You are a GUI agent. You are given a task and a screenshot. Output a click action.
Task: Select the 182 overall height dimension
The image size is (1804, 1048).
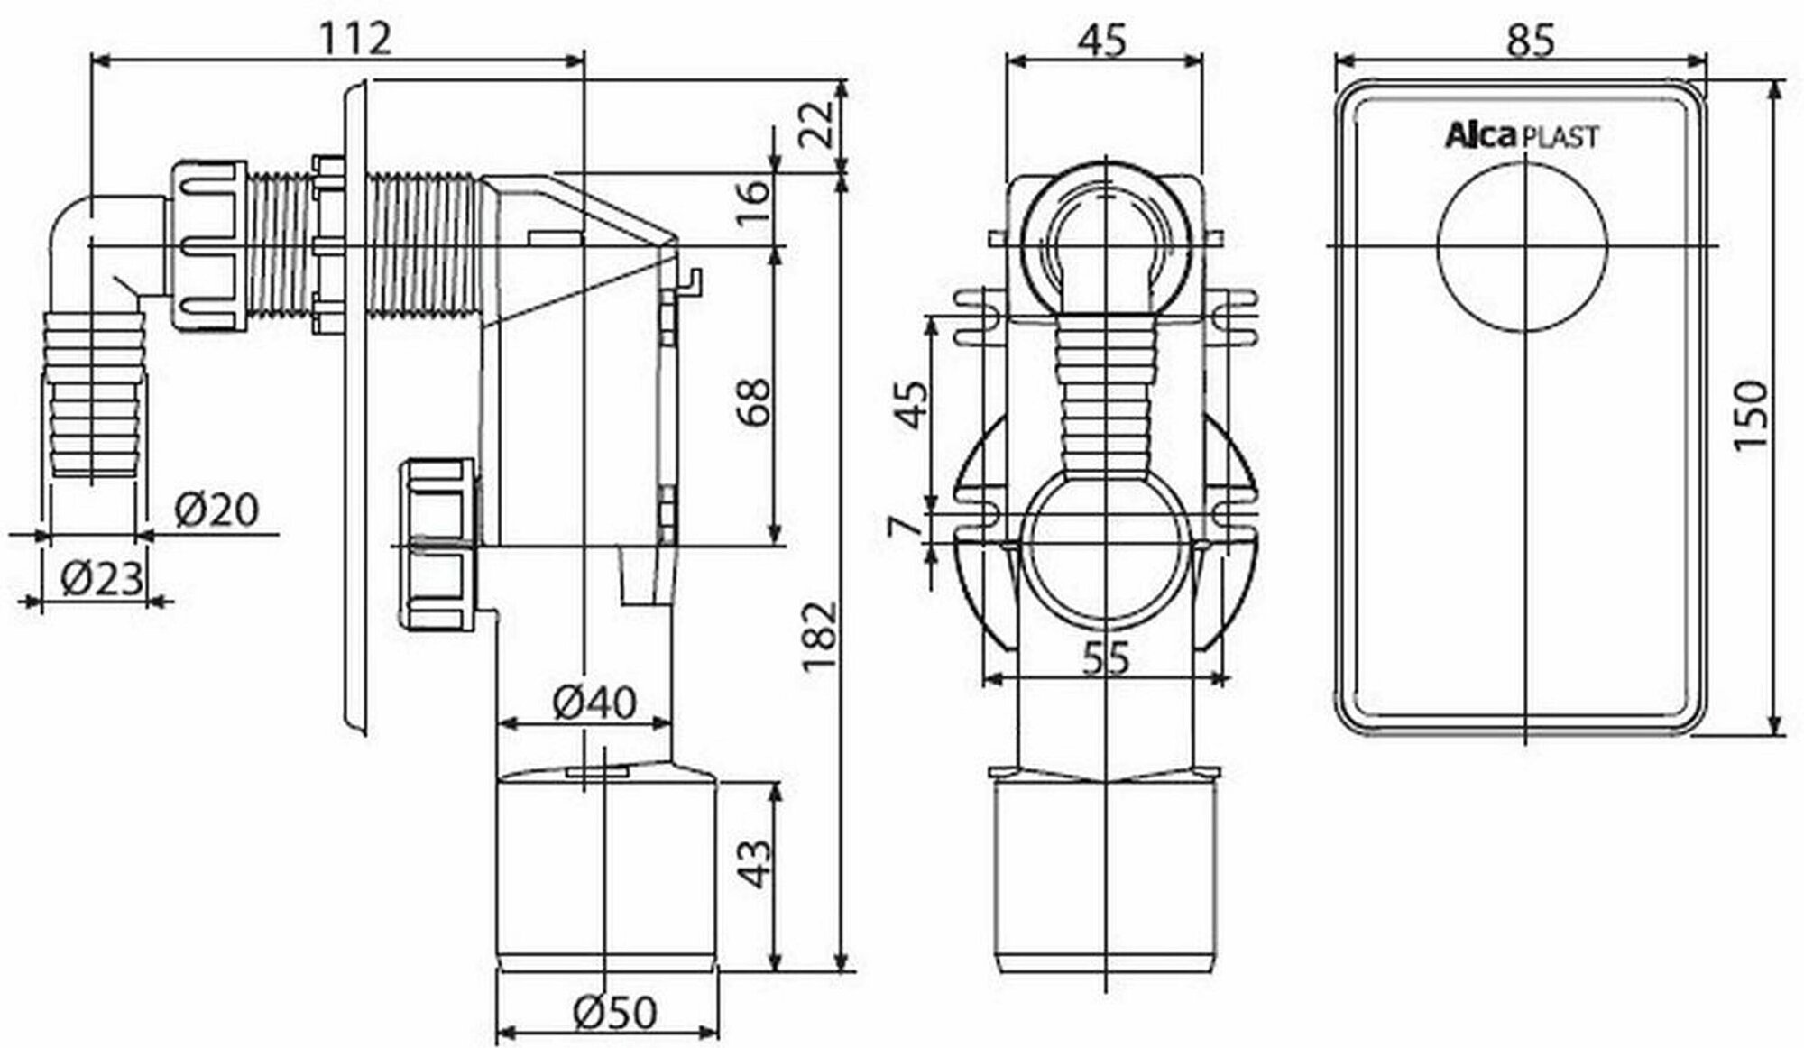(x=821, y=636)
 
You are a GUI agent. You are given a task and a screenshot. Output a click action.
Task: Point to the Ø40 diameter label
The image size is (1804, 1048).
(x=594, y=701)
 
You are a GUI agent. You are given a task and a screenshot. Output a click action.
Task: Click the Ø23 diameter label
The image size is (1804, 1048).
(x=102, y=577)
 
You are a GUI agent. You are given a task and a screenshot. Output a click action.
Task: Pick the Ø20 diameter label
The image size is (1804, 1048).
(x=216, y=510)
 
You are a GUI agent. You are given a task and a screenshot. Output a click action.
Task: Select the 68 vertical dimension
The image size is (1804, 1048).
(x=753, y=400)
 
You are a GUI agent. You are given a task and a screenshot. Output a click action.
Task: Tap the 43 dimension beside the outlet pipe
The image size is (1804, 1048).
(x=754, y=864)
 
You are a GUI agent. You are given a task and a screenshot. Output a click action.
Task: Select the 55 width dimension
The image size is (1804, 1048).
(x=1105, y=659)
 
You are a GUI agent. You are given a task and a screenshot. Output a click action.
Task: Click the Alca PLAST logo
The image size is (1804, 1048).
(x=1522, y=137)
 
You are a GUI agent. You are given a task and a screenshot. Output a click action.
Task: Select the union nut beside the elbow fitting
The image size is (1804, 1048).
(x=207, y=246)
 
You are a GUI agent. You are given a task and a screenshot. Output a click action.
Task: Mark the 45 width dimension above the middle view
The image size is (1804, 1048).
(x=1103, y=41)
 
